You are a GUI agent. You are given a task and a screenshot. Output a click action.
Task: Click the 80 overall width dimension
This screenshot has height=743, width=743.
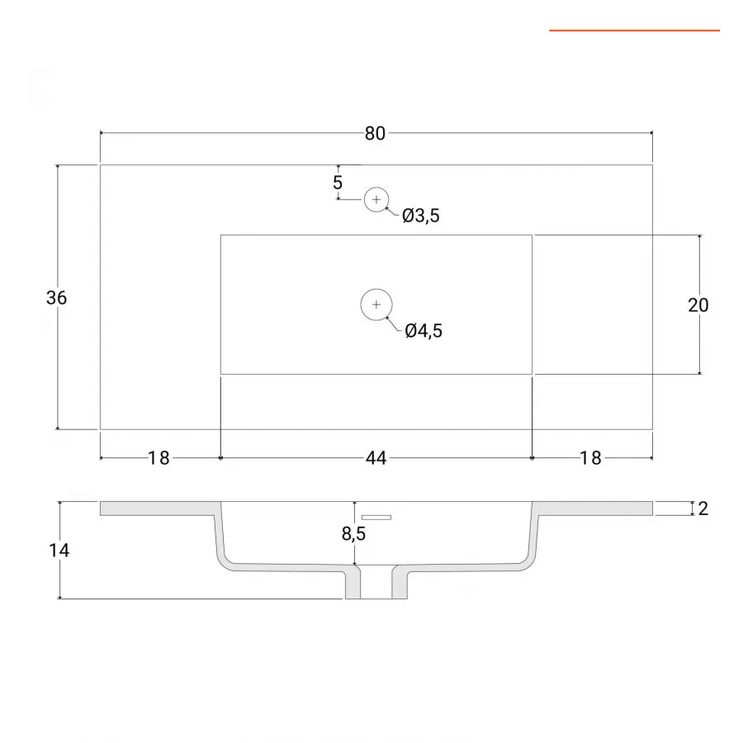(x=375, y=134)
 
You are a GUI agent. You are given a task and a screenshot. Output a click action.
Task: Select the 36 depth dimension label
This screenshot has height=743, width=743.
(x=56, y=297)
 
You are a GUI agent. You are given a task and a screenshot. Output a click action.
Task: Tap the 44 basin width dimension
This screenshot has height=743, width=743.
(x=376, y=458)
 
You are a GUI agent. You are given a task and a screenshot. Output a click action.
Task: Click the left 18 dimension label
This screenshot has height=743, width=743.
(x=159, y=458)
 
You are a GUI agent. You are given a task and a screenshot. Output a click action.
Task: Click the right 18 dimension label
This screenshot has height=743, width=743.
(x=590, y=458)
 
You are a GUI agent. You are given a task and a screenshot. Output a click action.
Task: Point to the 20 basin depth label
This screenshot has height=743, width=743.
(x=698, y=305)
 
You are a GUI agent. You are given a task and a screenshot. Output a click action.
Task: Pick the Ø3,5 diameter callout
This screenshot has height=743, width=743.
(x=421, y=215)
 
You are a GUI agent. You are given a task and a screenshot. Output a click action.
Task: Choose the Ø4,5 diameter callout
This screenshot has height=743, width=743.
(x=424, y=331)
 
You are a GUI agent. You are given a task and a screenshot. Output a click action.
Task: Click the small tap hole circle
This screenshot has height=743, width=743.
(x=376, y=200)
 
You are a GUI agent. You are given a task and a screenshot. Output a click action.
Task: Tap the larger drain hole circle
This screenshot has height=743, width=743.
(x=376, y=304)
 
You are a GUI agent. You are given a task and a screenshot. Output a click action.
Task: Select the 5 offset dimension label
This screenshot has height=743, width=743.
(x=338, y=182)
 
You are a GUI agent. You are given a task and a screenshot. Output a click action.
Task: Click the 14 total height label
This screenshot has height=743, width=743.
(x=59, y=550)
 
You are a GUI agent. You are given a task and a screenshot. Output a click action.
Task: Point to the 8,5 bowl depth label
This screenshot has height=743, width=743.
(x=353, y=533)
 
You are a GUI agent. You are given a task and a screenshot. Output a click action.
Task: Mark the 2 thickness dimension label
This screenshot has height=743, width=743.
(x=703, y=509)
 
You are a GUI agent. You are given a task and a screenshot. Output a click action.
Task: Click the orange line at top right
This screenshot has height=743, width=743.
(x=635, y=31)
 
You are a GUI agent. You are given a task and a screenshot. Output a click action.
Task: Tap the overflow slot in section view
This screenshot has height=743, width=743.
(x=376, y=517)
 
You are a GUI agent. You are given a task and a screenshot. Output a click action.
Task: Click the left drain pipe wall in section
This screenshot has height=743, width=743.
(x=353, y=584)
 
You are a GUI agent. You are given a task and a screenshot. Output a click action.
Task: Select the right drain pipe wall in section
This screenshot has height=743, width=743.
(x=400, y=584)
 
